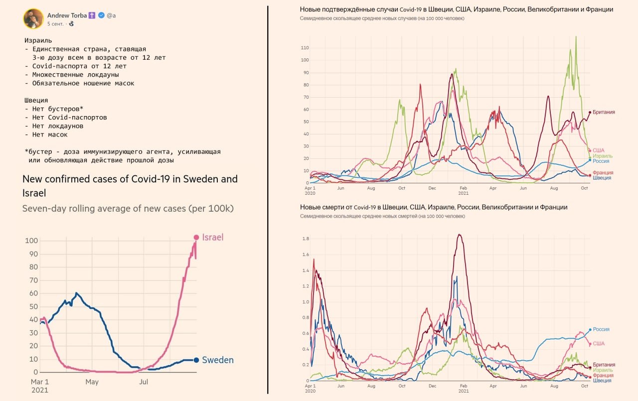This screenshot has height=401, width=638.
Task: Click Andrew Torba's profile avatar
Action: tap(33, 19)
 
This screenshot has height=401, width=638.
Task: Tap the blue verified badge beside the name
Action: tap(101, 15)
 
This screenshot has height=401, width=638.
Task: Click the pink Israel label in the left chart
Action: tap(213, 238)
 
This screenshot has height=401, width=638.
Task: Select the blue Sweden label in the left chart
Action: tap(218, 360)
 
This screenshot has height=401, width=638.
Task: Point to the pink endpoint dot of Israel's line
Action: tap(196, 238)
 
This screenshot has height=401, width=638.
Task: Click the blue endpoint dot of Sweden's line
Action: tap(196, 360)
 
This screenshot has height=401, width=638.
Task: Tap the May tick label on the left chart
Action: tap(92, 382)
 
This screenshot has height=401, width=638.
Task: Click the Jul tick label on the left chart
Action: tap(144, 382)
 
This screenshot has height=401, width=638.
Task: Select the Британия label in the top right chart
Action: tap(604, 112)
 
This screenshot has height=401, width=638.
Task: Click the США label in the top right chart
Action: tap(598, 150)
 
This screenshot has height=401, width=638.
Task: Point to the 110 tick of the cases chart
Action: tap(305, 48)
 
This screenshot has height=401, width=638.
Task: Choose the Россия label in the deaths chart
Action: tap(601, 329)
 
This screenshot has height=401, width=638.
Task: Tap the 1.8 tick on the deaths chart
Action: tap(306, 239)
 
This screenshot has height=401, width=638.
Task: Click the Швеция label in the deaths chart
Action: tap(602, 381)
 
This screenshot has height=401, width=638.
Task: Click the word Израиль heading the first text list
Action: tap(38, 40)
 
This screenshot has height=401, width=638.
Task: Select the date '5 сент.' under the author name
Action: tap(55, 24)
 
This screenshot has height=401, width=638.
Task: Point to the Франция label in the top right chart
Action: tap(603, 172)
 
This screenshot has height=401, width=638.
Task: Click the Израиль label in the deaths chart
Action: tap(603, 370)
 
